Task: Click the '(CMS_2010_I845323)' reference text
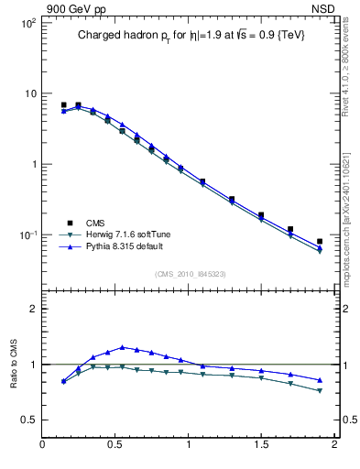click(x=190, y=273)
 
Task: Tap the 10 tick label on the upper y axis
click(x=30, y=93)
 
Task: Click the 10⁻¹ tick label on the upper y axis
click(x=27, y=235)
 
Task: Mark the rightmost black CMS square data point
click(x=320, y=242)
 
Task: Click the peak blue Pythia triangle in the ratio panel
click(x=122, y=347)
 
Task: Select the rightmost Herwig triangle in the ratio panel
click(x=320, y=391)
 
